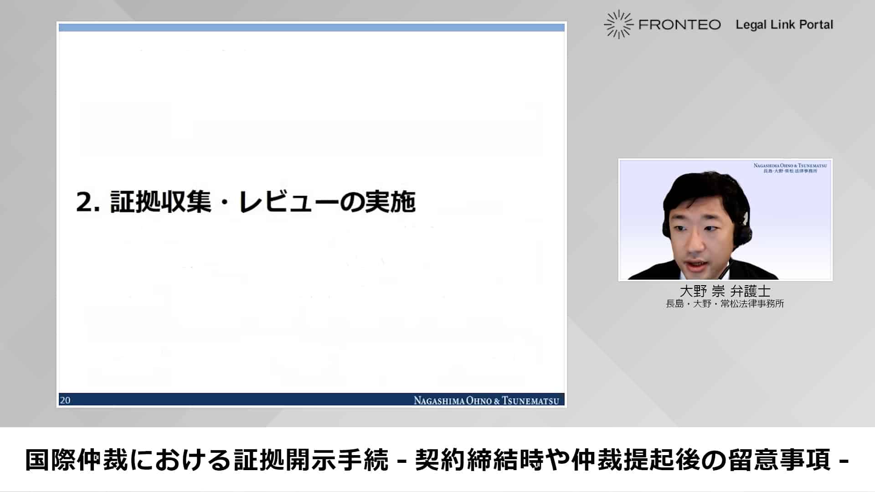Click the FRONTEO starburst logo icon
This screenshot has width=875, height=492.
[x=618, y=24]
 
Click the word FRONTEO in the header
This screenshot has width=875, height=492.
[x=679, y=25]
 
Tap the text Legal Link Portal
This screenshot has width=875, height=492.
[x=784, y=25]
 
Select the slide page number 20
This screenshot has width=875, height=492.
[x=65, y=400]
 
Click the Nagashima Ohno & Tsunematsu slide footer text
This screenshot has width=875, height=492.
[x=486, y=400]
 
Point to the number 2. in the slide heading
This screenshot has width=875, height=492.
[x=87, y=202]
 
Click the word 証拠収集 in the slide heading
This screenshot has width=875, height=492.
[x=161, y=202]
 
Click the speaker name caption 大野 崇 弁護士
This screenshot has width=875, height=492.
[x=725, y=291]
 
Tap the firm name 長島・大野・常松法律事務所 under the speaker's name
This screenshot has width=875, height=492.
[x=725, y=304]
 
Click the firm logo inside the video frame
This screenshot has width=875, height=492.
[x=790, y=168]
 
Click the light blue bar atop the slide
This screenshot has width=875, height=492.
[x=312, y=28]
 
